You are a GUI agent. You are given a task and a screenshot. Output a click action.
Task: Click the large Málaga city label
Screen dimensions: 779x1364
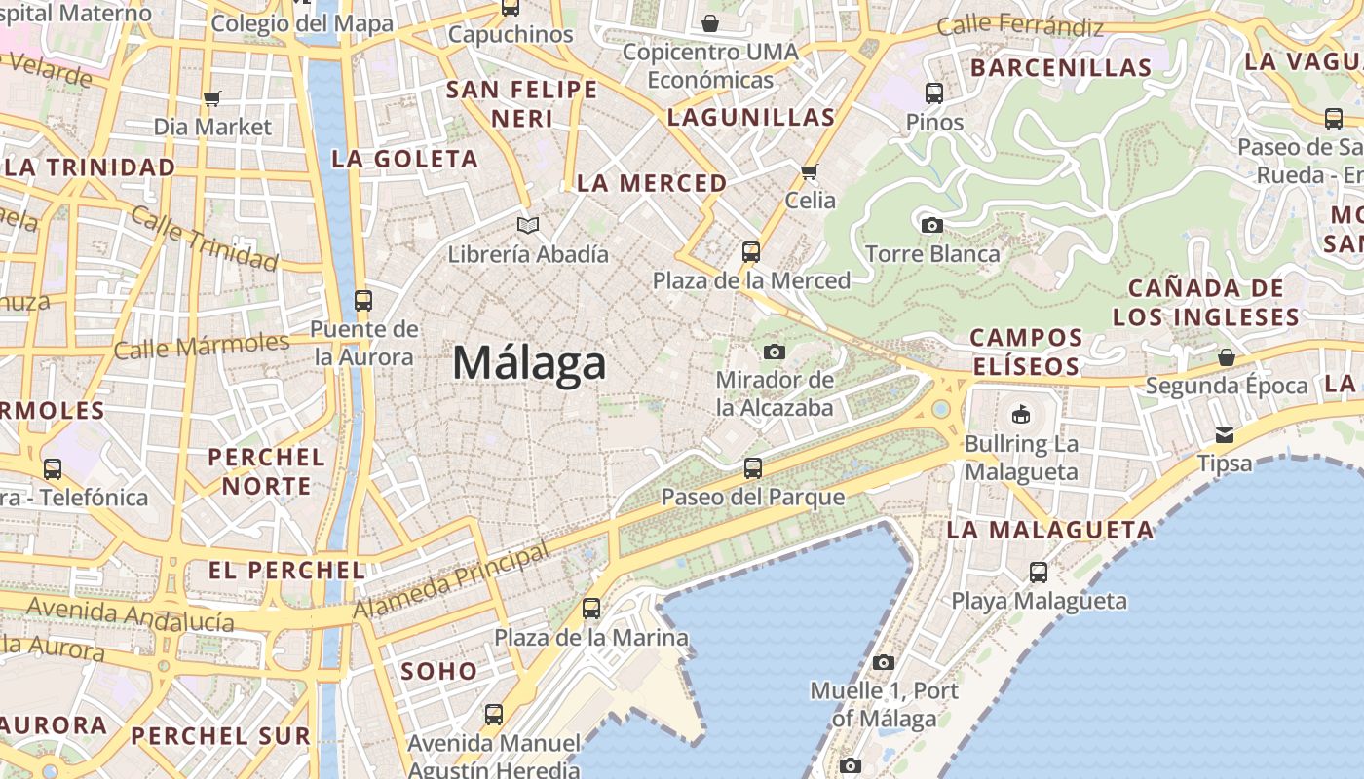[529, 364]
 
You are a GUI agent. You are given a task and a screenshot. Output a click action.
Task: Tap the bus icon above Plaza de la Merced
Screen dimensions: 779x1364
[751, 252]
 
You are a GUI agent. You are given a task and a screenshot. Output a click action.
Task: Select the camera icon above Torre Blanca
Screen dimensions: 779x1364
[931, 225]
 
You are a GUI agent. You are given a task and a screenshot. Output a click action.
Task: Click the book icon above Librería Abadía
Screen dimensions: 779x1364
[528, 226]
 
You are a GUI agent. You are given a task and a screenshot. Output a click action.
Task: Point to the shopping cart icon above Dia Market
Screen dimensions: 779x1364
[212, 98]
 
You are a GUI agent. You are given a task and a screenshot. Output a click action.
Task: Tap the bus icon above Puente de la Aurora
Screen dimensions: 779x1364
[363, 301]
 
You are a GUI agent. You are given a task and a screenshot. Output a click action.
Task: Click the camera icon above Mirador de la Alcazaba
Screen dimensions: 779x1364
[775, 352]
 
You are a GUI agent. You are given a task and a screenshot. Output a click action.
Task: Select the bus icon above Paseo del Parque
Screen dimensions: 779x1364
[753, 468]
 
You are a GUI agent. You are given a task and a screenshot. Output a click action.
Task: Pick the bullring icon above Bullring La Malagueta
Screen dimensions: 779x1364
[1020, 415]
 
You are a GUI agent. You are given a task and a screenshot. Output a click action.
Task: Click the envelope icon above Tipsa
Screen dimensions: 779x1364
[1224, 434]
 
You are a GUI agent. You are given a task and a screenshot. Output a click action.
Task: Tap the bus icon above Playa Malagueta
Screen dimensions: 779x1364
[1039, 573]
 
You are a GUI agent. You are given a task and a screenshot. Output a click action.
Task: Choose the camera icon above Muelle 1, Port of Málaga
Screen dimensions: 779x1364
[884, 663]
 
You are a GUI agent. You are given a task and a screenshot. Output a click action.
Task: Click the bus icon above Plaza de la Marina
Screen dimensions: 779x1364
[591, 610]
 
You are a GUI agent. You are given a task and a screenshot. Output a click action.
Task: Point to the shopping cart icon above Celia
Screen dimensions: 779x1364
[809, 172]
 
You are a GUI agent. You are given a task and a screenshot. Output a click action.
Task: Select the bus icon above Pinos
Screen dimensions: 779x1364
[934, 93]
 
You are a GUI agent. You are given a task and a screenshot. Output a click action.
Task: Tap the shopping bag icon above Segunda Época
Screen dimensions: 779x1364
[1227, 357]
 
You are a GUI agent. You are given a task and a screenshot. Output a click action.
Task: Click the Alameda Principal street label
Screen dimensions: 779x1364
[451, 582]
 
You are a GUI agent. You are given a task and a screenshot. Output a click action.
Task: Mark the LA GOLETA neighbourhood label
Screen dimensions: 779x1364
[404, 159]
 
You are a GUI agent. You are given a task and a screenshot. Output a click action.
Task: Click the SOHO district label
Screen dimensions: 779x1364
[439, 671]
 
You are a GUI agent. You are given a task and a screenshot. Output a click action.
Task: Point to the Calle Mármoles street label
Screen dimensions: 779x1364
[202, 346]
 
